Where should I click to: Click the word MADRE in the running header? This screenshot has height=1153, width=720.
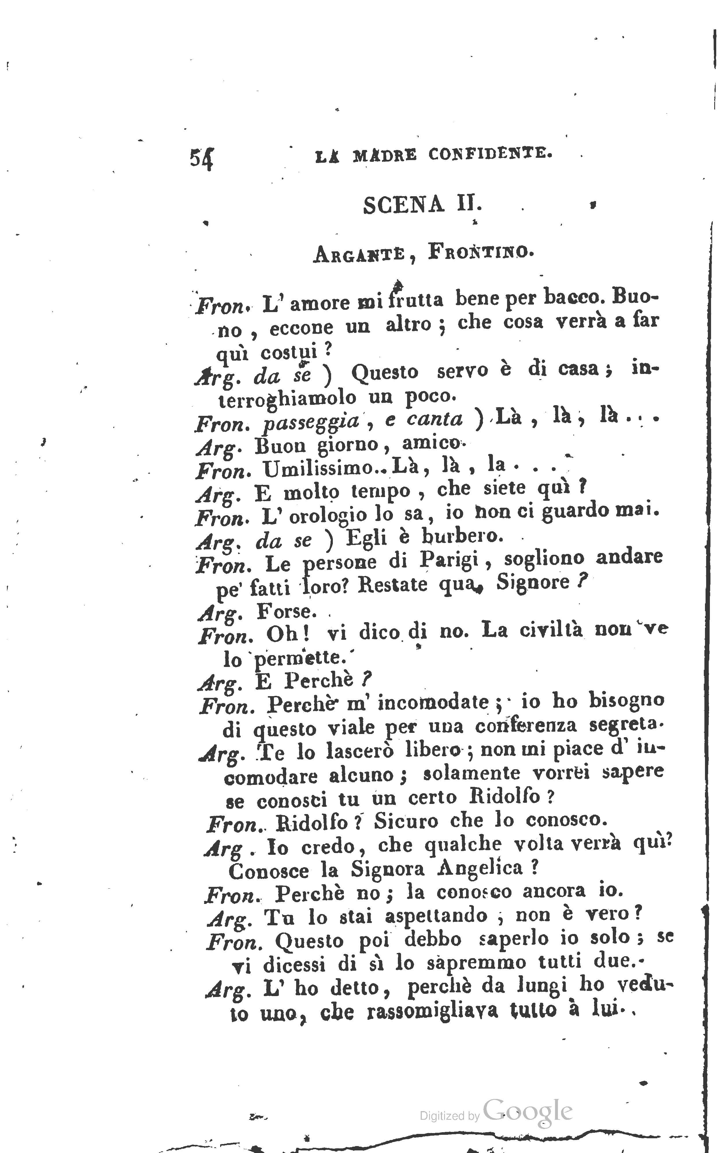[x=385, y=155]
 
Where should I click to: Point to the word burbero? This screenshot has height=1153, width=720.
[x=462, y=537]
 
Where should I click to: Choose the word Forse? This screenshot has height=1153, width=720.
[x=286, y=611]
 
